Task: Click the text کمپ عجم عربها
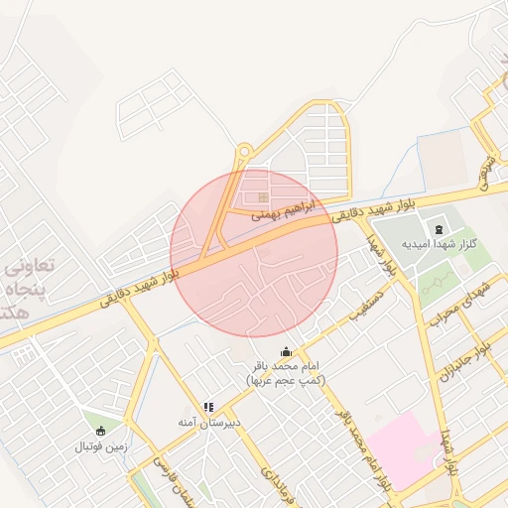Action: tap(287, 380)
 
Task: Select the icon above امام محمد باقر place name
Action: tap(287, 351)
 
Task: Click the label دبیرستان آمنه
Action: tap(210, 423)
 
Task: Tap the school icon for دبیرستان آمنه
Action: tap(208, 407)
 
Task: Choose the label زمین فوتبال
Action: tap(102, 446)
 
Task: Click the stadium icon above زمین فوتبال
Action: tap(100, 431)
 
